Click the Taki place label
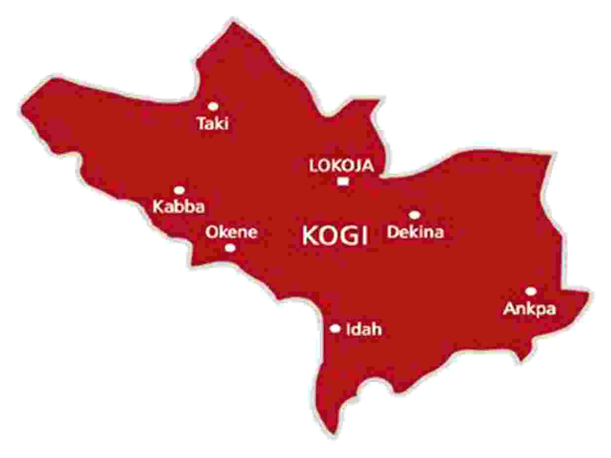point(213,123)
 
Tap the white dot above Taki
point(213,106)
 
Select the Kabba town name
point(178,206)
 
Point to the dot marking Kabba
point(179,190)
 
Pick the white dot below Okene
point(230,248)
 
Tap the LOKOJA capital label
point(341,166)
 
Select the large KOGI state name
point(335,236)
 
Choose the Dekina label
point(415,231)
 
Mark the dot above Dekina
point(414,215)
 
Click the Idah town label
point(364,329)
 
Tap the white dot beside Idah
point(336,328)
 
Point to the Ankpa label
point(530,309)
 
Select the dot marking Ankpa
point(530,291)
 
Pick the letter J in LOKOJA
point(354,166)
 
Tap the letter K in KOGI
point(310,236)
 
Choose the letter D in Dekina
point(392,231)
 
